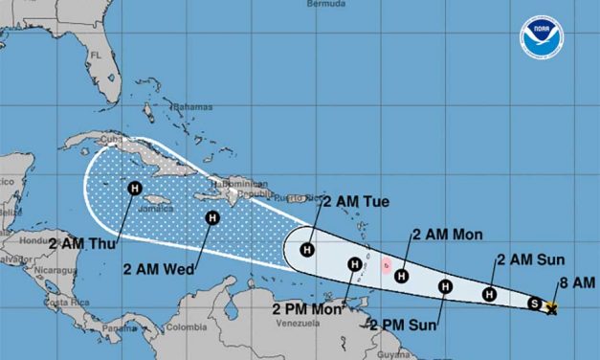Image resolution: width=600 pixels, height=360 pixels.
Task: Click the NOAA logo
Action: [x=542, y=35]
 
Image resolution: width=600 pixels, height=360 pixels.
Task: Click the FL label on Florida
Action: [x=95, y=55]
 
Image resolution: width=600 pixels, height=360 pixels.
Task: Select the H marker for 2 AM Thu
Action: [x=133, y=188]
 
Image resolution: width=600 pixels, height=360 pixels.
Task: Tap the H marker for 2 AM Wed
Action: [x=211, y=217]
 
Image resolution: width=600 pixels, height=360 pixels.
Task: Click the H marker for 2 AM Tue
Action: [x=307, y=250]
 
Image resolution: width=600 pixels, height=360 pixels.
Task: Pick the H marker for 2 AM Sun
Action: [x=490, y=294]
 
